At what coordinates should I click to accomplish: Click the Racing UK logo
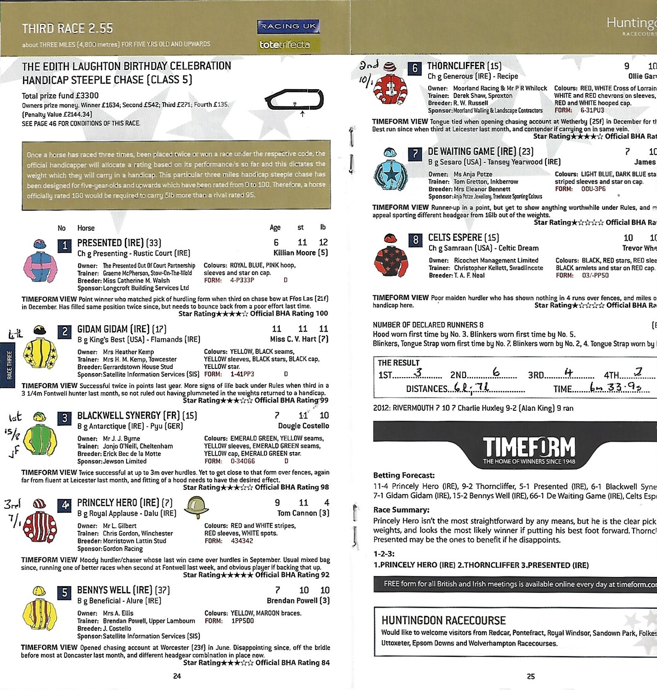click(288, 27)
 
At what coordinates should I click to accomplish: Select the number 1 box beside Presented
click(64, 246)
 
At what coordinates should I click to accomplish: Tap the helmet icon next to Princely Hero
click(196, 507)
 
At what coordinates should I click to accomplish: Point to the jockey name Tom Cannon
click(303, 513)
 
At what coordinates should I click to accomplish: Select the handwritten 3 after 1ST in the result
click(418, 373)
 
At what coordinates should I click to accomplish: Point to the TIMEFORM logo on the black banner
click(529, 449)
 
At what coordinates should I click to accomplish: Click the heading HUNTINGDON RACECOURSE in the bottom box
click(443, 620)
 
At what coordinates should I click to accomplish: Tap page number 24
click(177, 676)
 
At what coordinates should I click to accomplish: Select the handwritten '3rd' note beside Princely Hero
click(12, 504)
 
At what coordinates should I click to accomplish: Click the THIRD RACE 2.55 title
click(67, 29)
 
